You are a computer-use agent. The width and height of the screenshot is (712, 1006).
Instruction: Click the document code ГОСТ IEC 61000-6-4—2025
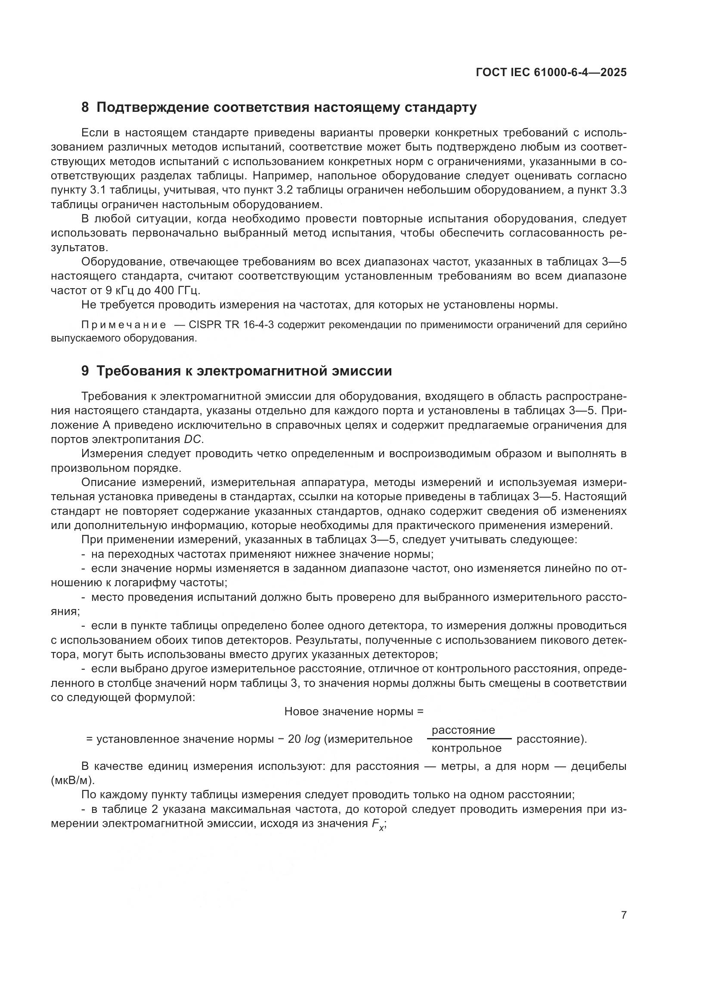551,73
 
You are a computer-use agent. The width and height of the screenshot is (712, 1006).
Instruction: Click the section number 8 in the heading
85,108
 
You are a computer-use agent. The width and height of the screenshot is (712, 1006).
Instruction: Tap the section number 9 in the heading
85,371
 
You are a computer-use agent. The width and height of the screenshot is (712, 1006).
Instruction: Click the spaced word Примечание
124,325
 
